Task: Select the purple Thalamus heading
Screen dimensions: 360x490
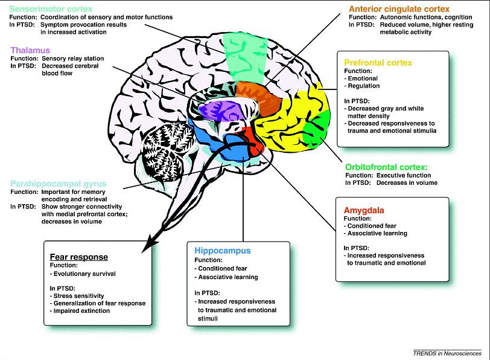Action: (30, 50)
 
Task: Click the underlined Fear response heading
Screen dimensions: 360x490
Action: (79, 256)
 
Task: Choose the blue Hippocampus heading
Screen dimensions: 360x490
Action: (222, 249)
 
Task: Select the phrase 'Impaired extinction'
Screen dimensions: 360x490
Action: (80, 311)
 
